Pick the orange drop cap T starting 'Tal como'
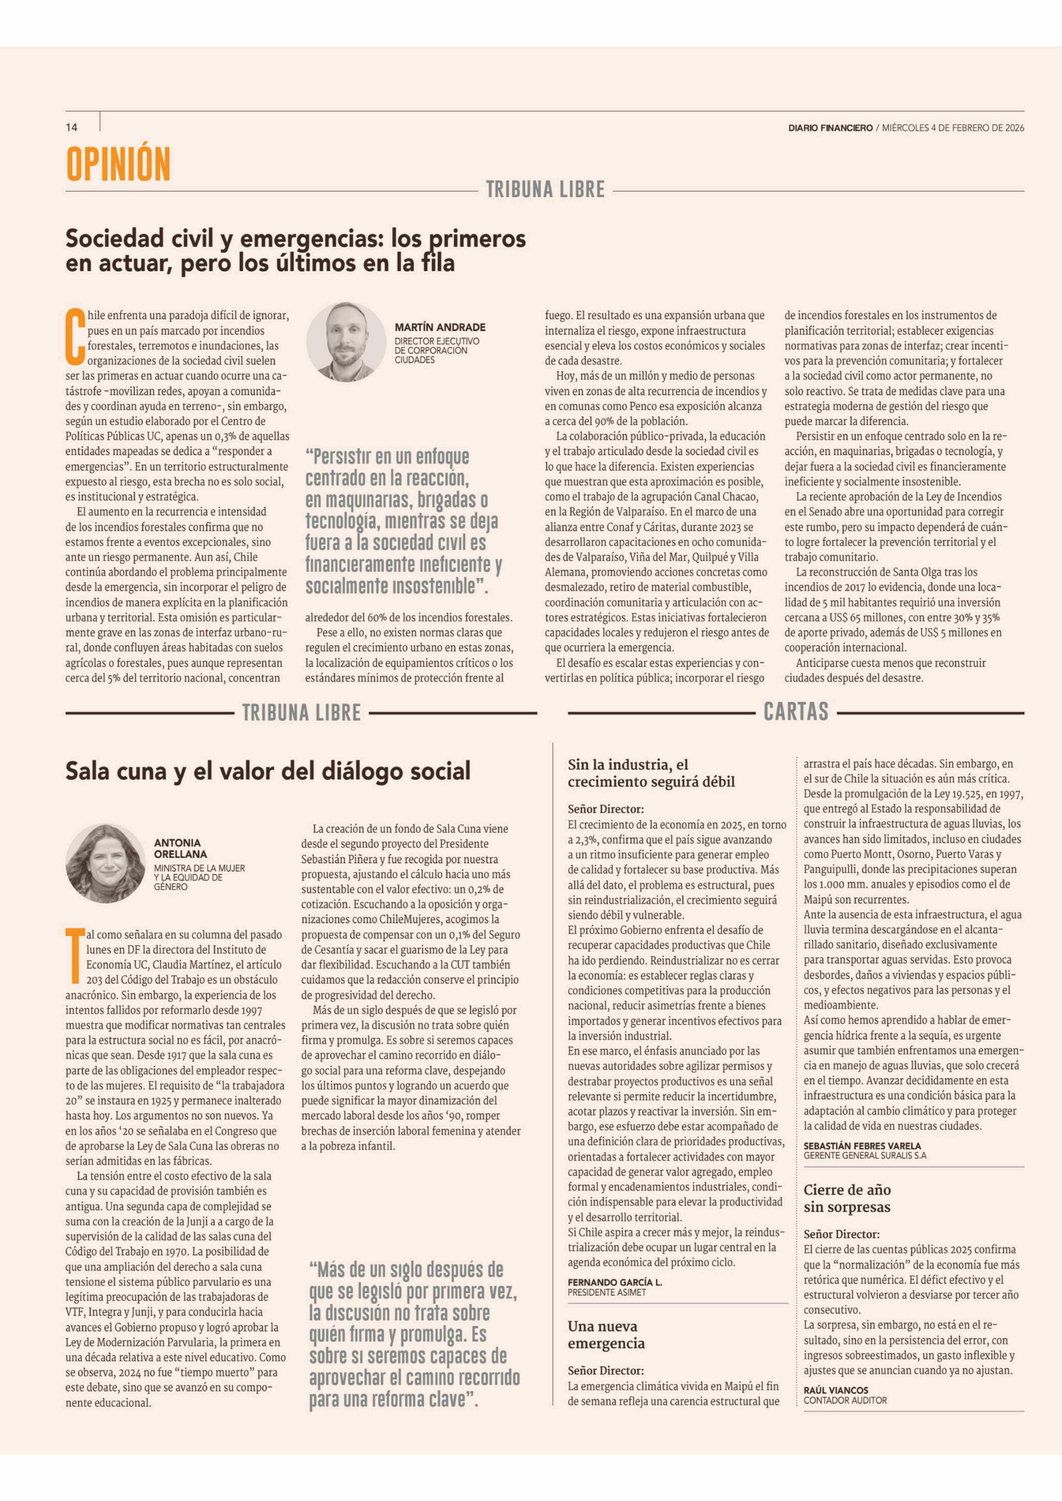[x=74, y=956]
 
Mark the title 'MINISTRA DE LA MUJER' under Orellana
[x=199, y=868]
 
